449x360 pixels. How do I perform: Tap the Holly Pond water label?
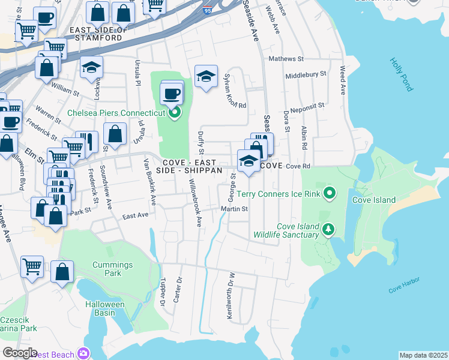coord(401,74)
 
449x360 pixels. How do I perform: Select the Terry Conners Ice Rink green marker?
coord(329,193)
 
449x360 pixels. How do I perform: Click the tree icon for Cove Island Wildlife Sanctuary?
coord(328,229)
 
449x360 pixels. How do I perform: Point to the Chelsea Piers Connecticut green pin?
coord(175,112)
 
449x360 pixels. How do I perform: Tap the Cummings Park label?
coord(107,269)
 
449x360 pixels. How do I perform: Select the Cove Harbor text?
coord(403,286)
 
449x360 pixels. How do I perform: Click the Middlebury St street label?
coord(306,75)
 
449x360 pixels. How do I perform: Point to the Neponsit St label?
coord(307,107)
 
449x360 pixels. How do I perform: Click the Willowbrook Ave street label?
coord(195,203)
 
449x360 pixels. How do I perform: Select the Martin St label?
coord(234,209)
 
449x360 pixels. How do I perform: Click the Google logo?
coord(19,353)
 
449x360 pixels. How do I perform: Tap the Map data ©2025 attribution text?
coord(423,355)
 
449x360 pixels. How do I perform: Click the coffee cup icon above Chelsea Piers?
coord(172,94)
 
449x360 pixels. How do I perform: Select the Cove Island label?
coord(373,200)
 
